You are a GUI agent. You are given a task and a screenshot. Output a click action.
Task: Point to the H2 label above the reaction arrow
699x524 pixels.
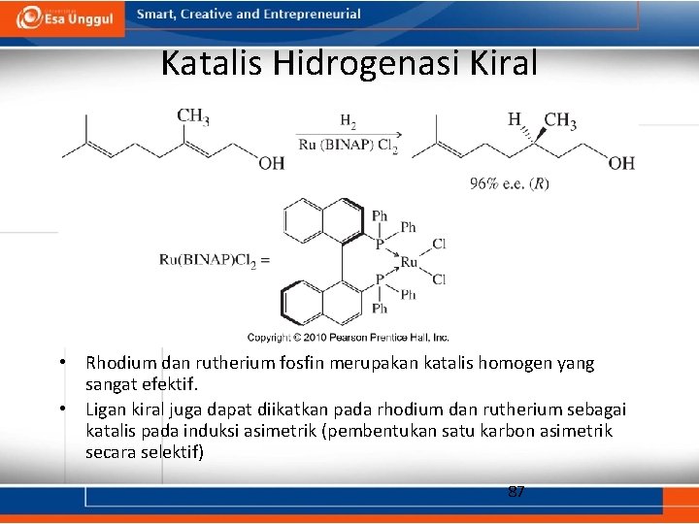[x=348, y=122]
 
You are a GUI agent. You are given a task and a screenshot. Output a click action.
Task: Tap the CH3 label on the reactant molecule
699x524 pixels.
[x=193, y=117]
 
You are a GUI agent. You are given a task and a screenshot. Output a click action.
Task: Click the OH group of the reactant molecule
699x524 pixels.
[x=271, y=163]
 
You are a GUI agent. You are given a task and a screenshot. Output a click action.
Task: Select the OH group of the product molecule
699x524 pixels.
[x=621, y=163]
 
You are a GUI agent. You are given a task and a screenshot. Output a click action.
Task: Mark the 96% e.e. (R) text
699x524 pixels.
[x=510, y=183]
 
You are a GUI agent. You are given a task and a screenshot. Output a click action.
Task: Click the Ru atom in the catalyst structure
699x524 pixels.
[x=409, y=261]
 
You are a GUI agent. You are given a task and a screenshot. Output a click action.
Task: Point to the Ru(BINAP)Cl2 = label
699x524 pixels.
[x=215, y=260]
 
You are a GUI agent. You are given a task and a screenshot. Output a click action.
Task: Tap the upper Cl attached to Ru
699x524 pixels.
[x=439, y=244]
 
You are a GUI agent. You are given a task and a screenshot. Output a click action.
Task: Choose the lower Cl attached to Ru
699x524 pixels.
[x=439, y=279]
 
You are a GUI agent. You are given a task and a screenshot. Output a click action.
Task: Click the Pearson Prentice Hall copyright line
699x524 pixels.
[x=348, y=337]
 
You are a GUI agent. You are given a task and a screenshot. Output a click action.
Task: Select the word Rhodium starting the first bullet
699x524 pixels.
[x=118, y=363]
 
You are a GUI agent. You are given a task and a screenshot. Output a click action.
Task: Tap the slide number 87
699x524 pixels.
[x=516, y=492]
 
